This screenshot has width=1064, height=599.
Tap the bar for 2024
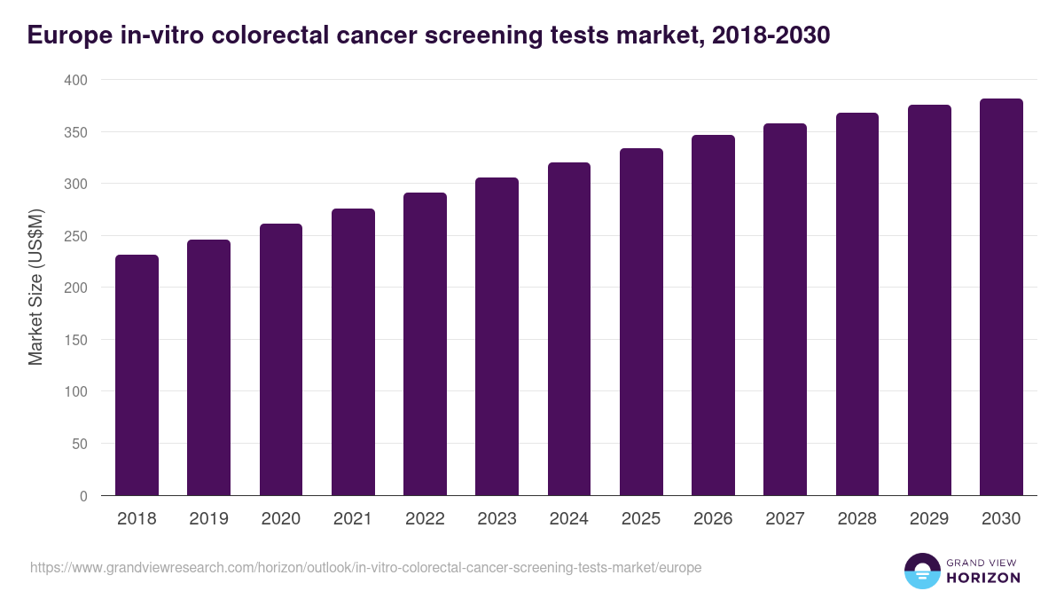pyautogui.click(x=569, y=329)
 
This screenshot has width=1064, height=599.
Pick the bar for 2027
pyautogui.click(x=786, y=310)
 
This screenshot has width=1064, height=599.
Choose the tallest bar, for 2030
pyautogui.click(x=1001, y=297)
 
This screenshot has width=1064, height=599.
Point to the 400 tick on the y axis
pyautogui.click(x=77, y=81)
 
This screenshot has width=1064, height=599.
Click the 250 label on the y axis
pyautogui.click(x=77, y=236)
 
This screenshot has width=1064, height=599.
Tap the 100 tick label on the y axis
pyautogui.click(x=77, y=391)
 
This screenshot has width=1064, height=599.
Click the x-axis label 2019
pyautogui.click(x=208, y=519)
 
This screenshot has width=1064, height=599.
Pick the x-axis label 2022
pyautogui.click(x=425, y=519)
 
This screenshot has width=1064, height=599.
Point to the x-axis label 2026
pyautogui.click(x=713, y=519)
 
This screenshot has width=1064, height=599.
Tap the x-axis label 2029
pyautogui.click(x=929, y=519)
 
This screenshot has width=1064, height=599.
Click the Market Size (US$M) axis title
pyautogui.click(x=36, y=288)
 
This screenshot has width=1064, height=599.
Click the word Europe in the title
pyautogui.click(x=66, y=35)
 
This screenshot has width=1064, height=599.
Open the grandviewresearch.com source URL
pyautogui.click(x=365, y=567)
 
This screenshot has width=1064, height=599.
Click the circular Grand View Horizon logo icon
pyautogui.click(x=921, y=571)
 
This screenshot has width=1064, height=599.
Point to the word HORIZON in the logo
pyautogui.click(x=983, y=578)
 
